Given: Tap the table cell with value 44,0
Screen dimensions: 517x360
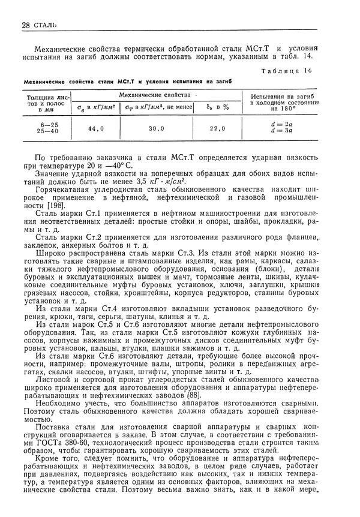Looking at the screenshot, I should (x=96, y=128).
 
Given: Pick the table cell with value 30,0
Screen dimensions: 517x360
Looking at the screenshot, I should (x=157, y=128).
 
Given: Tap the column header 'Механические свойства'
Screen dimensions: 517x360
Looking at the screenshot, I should (x=155, y=95).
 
